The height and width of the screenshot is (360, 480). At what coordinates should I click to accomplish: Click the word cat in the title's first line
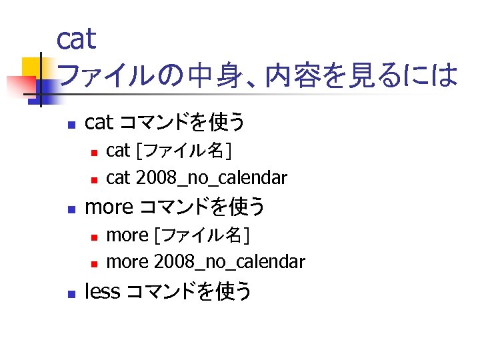tap(77, 39)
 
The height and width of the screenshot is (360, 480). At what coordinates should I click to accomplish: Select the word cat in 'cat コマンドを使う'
tap(99, 122)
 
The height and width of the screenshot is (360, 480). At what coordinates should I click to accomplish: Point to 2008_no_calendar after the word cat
tap(211, 178)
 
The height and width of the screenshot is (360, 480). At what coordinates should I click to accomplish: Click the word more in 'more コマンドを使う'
tap(109, 207)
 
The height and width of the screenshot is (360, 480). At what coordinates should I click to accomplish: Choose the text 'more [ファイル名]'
tap(178, 235)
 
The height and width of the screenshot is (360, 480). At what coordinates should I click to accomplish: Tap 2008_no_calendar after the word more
tap(229, 262)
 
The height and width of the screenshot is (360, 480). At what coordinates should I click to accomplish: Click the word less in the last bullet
tap(103, 291)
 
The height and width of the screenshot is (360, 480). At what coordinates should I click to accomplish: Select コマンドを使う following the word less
tap(189, 291)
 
